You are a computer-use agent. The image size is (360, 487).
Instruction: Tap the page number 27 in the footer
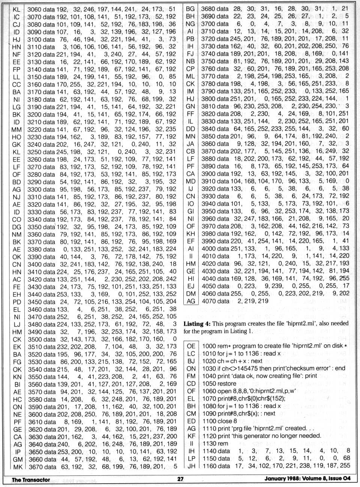(180, 479)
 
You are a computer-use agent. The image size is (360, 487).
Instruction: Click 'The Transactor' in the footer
(31, 479)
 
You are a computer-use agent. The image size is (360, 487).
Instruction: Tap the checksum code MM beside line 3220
(16, 129)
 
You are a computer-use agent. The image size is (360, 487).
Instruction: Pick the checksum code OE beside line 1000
(191, 346)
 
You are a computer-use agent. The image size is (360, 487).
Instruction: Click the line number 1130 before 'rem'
(208, 443)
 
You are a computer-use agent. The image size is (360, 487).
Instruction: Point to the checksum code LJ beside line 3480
(16, 324)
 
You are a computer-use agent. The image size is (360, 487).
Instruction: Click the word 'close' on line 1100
(217, 421)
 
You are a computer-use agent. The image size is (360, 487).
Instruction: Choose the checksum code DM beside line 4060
(191, 293)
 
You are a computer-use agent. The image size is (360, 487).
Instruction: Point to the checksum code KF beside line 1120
(191, 436)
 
